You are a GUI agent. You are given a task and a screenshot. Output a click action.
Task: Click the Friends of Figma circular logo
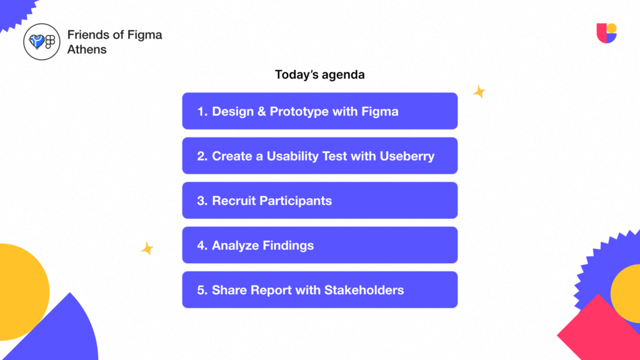(41, 41)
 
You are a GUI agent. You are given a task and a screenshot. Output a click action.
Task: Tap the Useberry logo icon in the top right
(606, 33)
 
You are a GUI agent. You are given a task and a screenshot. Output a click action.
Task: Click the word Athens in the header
(87, 49)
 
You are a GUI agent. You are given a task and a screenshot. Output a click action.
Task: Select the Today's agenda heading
(319, 74)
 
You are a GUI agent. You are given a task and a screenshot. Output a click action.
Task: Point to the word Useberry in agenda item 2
(407, 156)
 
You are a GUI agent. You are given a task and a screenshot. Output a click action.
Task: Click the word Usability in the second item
(293, 156)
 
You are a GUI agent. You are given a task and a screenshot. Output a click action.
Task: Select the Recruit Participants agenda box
(319, 201)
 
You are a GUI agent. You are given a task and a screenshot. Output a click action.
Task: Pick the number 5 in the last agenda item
(201, 290)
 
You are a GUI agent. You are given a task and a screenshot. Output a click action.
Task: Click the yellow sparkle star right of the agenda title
(479, 92)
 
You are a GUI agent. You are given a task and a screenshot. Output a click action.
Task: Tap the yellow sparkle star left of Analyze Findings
(147, 248)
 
